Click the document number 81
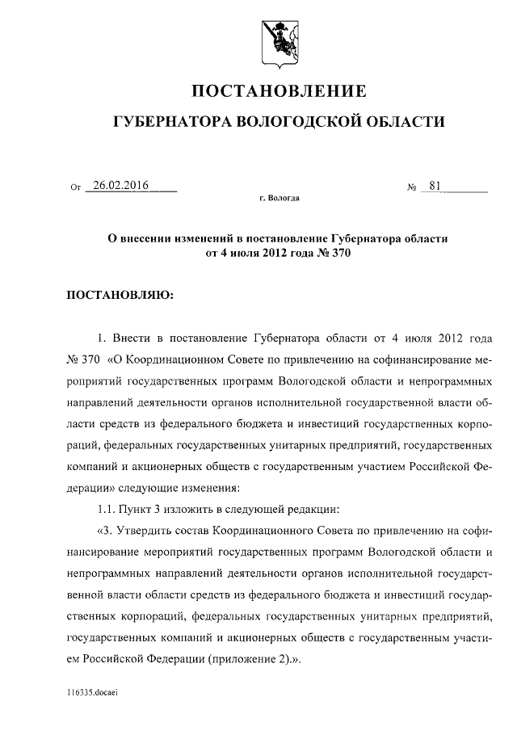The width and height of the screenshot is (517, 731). coord(435,185)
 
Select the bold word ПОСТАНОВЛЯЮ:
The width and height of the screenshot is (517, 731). coord(120,295)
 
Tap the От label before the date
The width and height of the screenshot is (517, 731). coord(77,187)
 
